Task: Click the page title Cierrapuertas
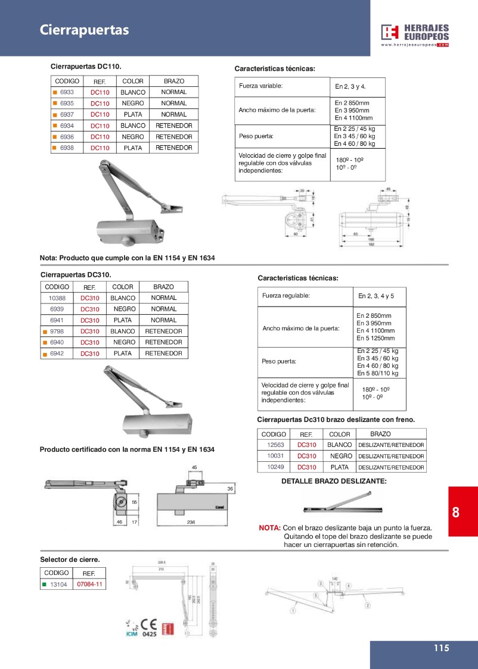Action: (84, 30)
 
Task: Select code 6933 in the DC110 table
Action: (67, 92)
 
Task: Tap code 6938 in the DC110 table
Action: (67, 148)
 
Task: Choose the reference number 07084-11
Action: (90, 584)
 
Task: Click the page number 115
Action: (441, 649)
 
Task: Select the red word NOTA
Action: (269, 528)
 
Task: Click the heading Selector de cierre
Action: (70, 559)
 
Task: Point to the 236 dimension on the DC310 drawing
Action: (191, 522)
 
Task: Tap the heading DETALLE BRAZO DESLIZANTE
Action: (334, 480)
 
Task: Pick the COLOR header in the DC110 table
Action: (132, 81)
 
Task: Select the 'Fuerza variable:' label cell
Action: (260, 86)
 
